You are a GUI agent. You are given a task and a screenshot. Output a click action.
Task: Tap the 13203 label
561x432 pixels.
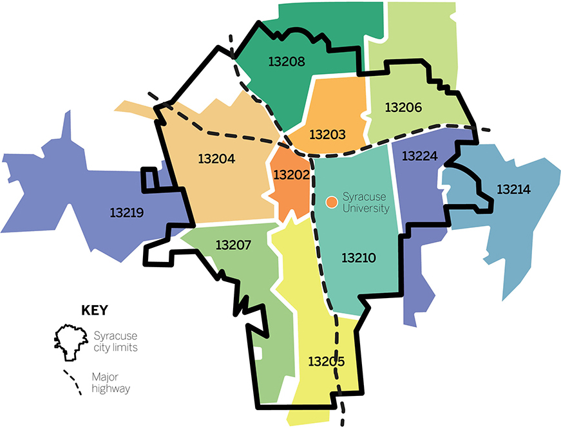327,135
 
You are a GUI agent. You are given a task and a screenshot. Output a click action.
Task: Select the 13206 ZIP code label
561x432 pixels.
403,108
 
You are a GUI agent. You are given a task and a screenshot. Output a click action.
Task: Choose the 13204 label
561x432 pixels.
216,158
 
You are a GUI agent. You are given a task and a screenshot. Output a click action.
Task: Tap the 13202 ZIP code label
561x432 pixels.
292,174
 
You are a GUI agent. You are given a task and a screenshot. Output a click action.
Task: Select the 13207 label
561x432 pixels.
233,245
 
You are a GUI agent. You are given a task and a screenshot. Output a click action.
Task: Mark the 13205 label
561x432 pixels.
326,361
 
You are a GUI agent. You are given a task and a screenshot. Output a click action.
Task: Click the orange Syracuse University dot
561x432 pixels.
331,202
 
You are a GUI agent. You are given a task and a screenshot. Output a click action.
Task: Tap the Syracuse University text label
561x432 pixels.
366,202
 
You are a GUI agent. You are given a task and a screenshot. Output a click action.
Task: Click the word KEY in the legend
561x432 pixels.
94,310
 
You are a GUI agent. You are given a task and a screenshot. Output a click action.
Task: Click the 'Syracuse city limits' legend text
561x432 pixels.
116,341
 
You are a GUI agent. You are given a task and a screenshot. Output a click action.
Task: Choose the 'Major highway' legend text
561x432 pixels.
111,383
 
